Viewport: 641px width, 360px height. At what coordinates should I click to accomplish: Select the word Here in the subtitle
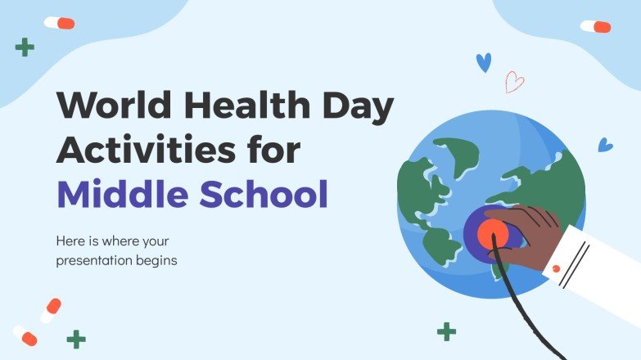[x=70, y=242]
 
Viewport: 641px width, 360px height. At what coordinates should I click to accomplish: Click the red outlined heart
[x=514, y=82]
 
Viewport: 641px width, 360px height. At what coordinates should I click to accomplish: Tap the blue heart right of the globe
[x=605, y=145]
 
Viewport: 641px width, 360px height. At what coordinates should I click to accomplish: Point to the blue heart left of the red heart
[x=484, y=62]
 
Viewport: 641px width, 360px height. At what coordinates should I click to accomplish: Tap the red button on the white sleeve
[x=556, y=268]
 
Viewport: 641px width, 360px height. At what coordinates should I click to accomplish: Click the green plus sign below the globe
[x=446, y=331]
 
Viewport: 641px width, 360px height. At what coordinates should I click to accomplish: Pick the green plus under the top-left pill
[x=25, y=47]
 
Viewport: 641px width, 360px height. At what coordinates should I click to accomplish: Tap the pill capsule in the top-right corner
[x=595, y=26]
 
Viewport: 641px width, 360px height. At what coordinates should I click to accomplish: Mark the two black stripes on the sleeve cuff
[x=575, y=261]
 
